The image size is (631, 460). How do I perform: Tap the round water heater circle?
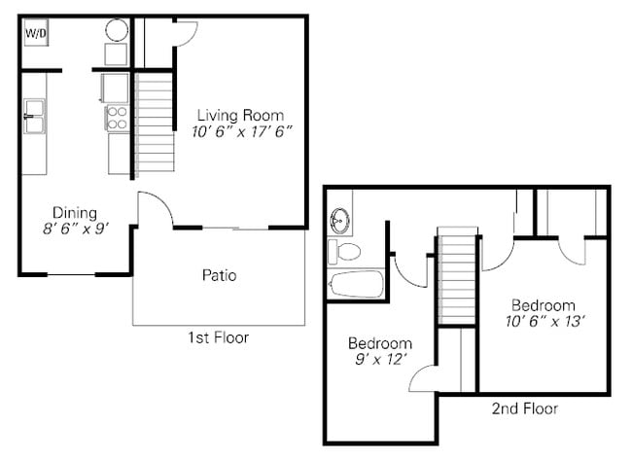point(117,29)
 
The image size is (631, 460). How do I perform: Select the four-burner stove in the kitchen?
point(117,118)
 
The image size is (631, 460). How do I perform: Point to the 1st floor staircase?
point(155,124)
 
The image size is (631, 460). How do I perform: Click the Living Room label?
point(240,114)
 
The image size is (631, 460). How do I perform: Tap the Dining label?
point(74,213)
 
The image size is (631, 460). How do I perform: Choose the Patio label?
point(219,275)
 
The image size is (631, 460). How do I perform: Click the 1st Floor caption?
point(218,338)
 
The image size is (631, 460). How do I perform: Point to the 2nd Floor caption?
point(525,408)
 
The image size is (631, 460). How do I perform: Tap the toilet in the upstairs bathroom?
point(344,252)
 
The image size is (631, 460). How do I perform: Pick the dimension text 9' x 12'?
point(380,360)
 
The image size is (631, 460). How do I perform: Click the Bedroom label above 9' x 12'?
point(380,343)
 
